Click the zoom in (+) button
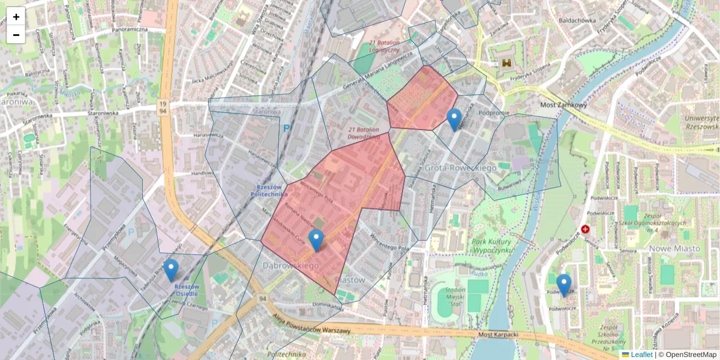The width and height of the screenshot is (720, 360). tap(16, 17)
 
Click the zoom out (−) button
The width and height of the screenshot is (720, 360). tap(16, 35)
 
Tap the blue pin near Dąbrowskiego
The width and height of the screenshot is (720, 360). tap(316, 240)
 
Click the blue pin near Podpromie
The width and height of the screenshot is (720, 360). tap(454, 119)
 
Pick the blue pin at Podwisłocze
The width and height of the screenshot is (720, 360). tap(563, 285)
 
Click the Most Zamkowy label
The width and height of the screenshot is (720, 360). tap(563, 105)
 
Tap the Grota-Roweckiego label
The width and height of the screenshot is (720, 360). tap(460, 168)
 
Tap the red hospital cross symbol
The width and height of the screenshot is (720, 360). tap(585, 229)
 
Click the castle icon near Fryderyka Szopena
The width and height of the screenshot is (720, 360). tap(508, 62)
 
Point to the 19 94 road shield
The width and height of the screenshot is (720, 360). tap(162, 107)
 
